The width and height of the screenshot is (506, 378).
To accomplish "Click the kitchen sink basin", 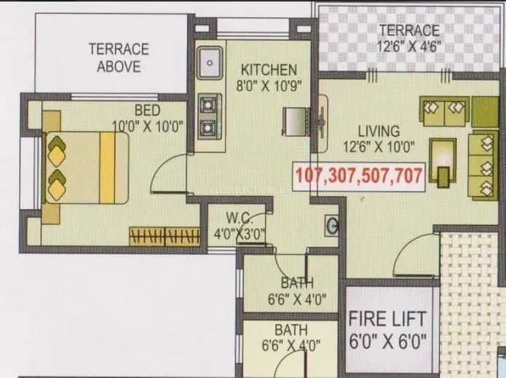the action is (210, 63).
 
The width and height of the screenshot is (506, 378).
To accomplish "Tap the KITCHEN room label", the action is (269, 70).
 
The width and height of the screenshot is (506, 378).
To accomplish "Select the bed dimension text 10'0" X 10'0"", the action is (148, 125).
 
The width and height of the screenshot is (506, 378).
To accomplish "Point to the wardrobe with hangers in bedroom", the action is (165, 236).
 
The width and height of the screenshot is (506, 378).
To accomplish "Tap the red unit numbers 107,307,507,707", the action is (359, 176).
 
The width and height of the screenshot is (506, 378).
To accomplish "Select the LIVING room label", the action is (379, 131).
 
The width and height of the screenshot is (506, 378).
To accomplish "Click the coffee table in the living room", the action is (443, 162).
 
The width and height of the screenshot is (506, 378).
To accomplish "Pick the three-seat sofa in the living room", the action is (483, 165).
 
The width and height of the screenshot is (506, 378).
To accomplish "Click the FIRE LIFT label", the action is (387, 318).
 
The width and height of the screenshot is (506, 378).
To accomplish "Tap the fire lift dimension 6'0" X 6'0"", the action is (388, 341).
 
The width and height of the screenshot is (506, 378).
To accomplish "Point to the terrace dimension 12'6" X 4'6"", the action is (409, 47).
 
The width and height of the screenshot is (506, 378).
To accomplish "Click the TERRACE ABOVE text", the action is (119, 58).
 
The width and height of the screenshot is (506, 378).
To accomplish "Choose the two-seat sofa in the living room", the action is (444, 111).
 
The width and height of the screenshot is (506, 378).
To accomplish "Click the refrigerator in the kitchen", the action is (296, 121).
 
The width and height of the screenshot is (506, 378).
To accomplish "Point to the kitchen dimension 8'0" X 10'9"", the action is (269, 86).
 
